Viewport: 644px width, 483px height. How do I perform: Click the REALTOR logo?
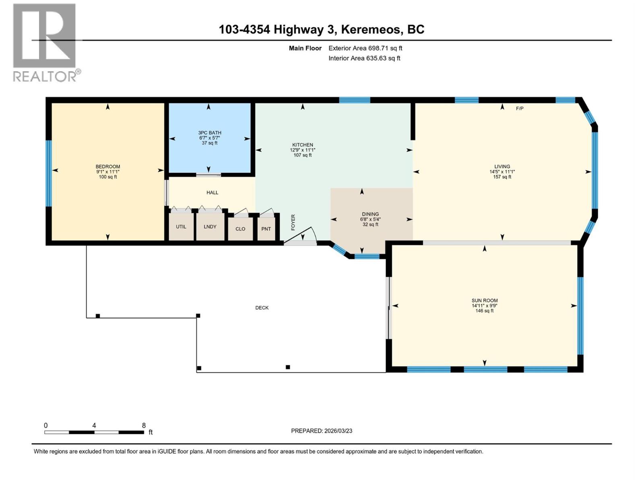(x=45, y=42)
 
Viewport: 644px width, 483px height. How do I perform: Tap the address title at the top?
(x=321, y=29)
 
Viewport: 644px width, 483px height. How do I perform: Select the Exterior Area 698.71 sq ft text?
(x=365, y=48)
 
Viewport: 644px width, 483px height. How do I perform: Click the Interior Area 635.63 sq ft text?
(x=364, y=58)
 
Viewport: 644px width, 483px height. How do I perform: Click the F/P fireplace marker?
(x=520, y=109)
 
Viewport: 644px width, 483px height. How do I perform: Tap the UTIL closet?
(x=181, y=227)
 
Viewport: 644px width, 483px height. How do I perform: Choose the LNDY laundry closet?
(x=210, y=227)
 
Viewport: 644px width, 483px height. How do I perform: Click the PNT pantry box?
(x=266, y=229)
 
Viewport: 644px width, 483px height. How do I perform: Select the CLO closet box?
(x=240, y=229)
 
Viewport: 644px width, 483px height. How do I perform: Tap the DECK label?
(x=262, y=308)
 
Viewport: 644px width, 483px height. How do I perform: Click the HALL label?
(x=212, y=193)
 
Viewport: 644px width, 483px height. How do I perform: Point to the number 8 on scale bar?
(x=144, y=425)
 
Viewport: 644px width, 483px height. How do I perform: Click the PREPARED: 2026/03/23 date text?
(x=321, y=431)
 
